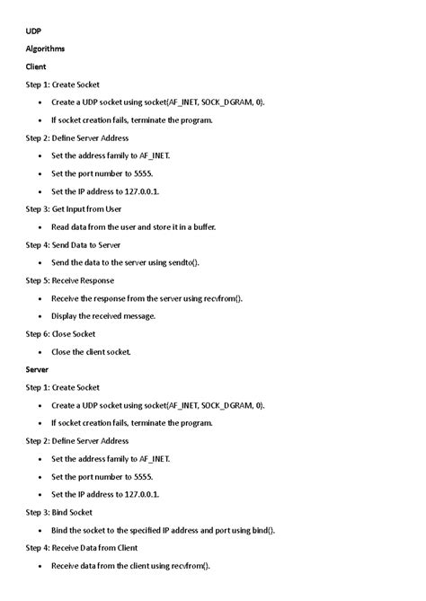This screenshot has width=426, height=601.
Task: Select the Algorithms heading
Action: pos(46,49)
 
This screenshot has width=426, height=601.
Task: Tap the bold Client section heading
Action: pos(36,66)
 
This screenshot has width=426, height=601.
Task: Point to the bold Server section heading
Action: pos(38,369)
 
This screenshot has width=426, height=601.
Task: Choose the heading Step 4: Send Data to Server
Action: pos(74,244)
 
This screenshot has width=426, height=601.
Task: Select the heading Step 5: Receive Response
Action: pos(70,280)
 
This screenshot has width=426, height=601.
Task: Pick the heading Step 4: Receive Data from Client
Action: pos(82,547)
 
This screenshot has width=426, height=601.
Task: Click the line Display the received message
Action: pos(103,315)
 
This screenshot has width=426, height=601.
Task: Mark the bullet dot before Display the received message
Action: pos(40,316)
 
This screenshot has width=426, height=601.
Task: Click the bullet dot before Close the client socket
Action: pos(40,352)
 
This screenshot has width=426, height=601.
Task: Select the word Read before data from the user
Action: pos(61,226)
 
